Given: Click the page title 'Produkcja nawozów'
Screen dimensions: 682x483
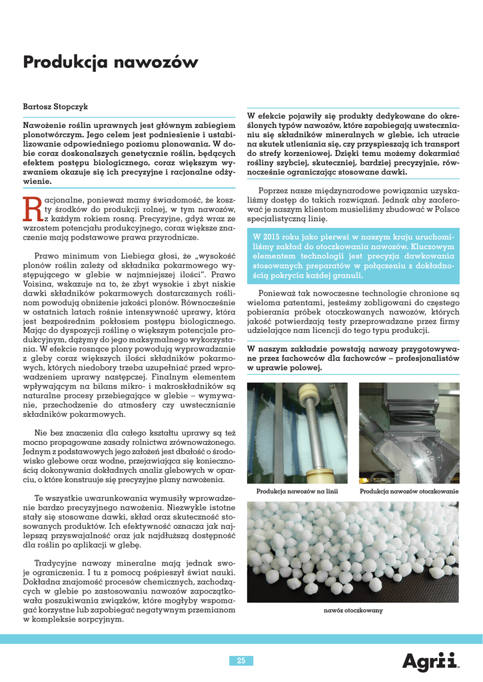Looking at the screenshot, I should click(111, 63).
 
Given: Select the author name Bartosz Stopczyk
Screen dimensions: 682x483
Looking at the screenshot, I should click(55, 107).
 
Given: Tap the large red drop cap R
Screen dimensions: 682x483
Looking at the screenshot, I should click(33, 208).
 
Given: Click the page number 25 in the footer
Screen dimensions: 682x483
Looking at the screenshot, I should click(241, 660).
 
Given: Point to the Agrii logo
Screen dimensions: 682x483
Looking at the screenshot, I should click(430, 661).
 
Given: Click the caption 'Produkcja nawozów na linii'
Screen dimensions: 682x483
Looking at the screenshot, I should click(297, 492).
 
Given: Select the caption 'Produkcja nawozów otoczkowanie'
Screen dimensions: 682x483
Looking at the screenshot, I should click(409, 492).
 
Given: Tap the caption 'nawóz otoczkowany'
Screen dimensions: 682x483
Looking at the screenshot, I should click(353, 610).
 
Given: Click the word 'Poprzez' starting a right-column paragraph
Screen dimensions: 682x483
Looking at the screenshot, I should click(272, 189).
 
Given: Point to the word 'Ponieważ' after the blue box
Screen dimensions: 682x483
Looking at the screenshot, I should click(275, 292).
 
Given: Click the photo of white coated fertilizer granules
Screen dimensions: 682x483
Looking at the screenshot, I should click(352, 551).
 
